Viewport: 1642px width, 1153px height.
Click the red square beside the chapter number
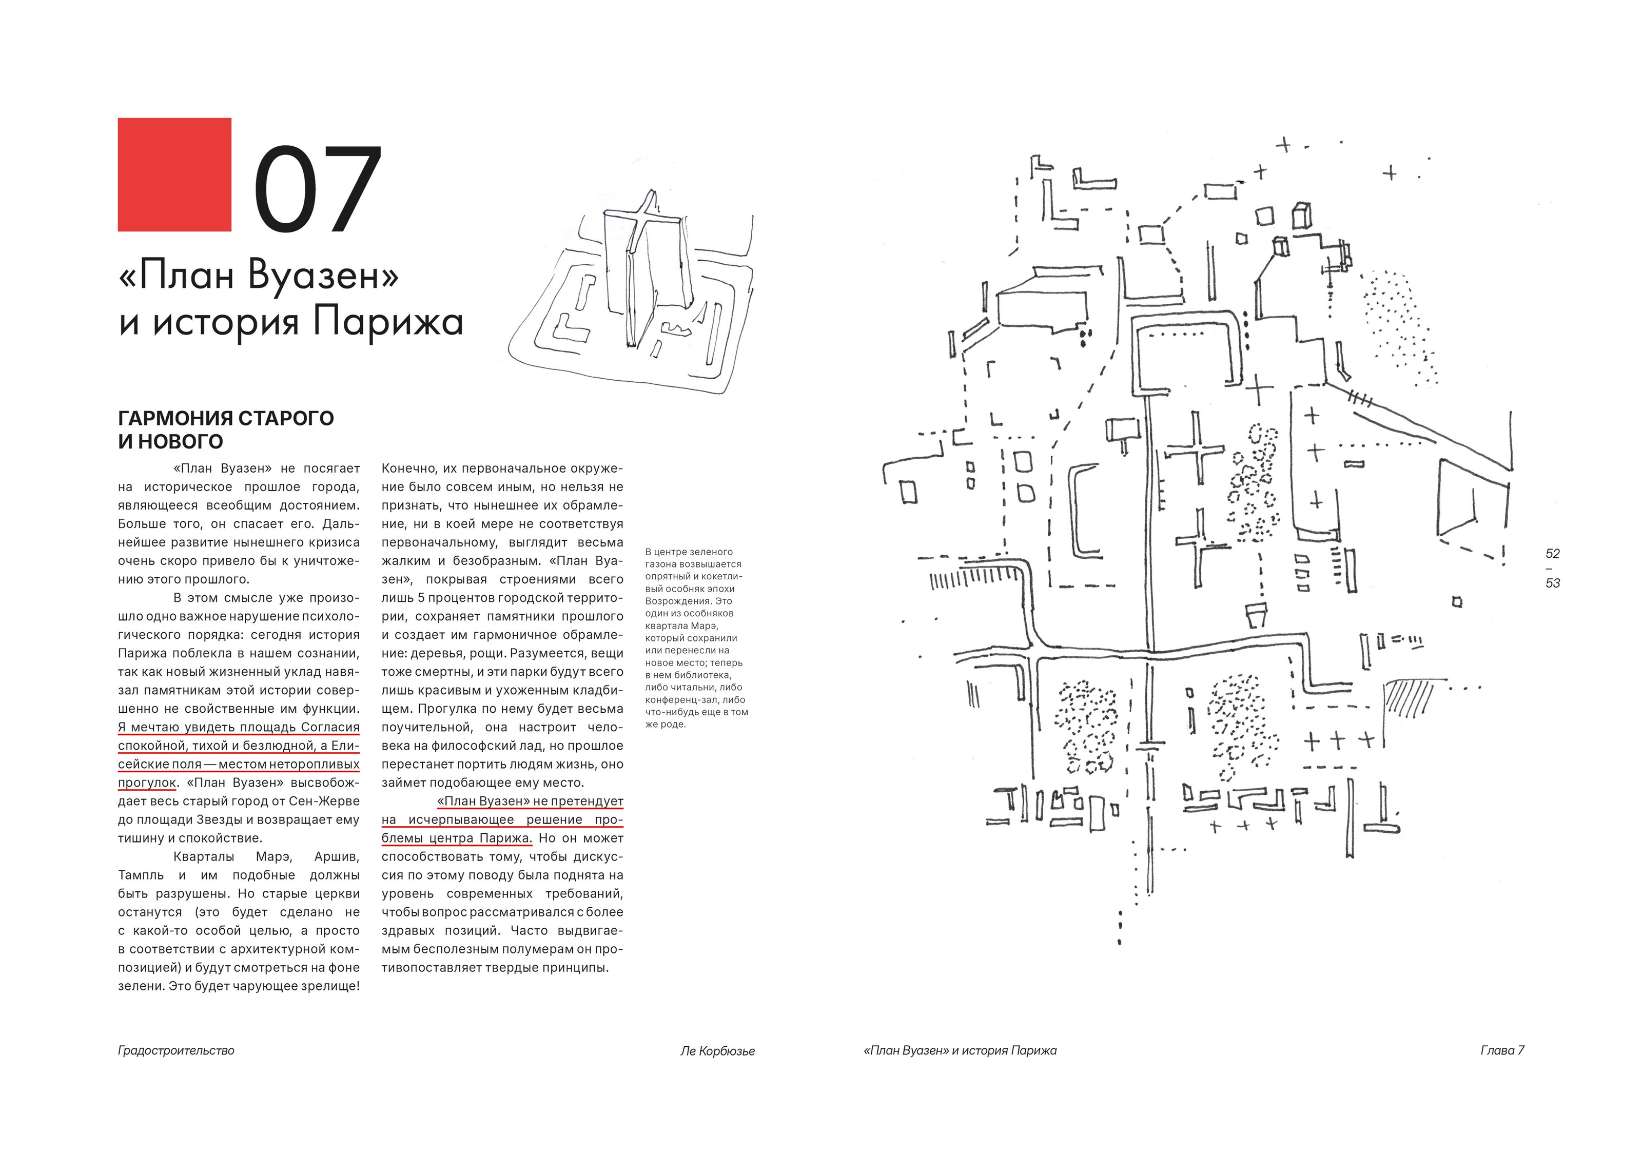tap(174, 174)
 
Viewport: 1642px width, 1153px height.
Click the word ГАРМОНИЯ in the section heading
tap(175, 418)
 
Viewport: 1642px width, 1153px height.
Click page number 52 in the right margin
tap(1552, 554)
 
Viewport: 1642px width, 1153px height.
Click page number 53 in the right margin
tap(1552, 583)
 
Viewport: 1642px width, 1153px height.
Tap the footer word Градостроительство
tap(176, 1051)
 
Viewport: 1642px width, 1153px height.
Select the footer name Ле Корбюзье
tap(717, 1051)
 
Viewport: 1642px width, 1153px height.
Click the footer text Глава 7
tap(1502, 1051)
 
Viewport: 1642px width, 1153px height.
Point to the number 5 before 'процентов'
tap(421, 598)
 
